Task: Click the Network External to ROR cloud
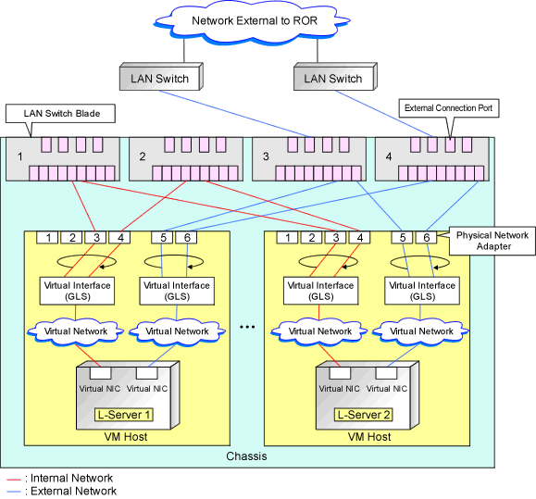point(253,21)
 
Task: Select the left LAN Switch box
point(161,77)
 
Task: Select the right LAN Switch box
point(335,77)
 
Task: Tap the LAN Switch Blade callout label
point(60,114)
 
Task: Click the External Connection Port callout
point(449,108)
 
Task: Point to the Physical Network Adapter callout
point(492,241)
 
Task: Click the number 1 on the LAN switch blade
point(20,156)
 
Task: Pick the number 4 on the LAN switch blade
point(389,156)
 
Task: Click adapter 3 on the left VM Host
point(97,238)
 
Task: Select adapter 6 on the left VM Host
point(186,238)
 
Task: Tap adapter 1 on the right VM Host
point(287,238)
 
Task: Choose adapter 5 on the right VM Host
point(403,238)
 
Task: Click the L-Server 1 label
point(124,415)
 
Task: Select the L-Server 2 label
point(364,415)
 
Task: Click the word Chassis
point(246,456)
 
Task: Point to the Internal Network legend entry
point(60,478)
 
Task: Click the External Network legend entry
point(62,492)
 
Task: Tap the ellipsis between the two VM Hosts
point(247,327)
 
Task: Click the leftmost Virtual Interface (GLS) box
point(77,291)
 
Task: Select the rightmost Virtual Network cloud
point(421,331)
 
